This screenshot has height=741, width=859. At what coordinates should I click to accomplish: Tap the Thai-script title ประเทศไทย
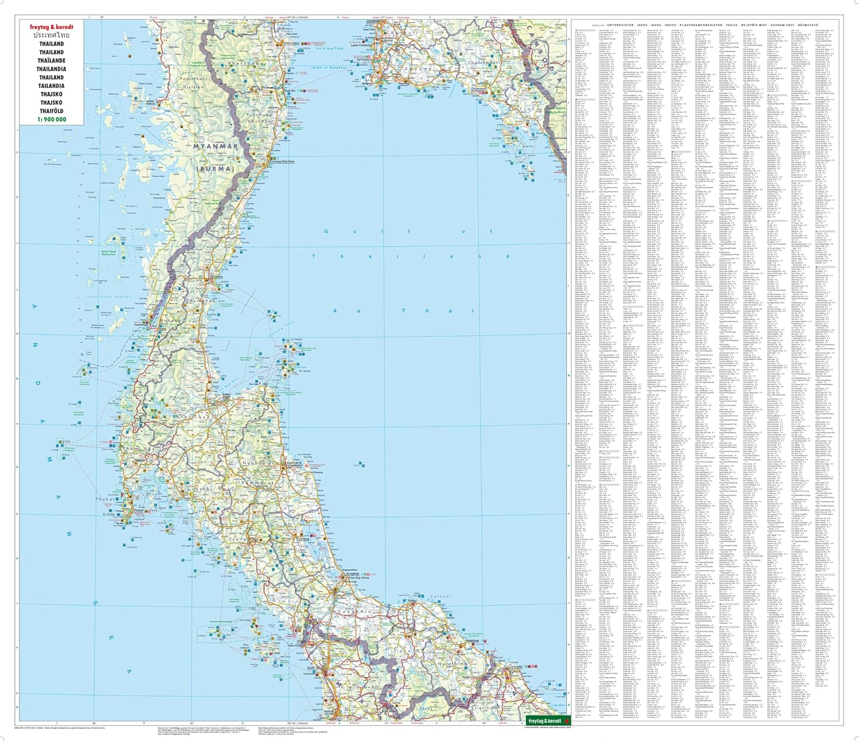point(52,35)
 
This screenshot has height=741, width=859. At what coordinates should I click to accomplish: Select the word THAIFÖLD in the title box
point(52,111)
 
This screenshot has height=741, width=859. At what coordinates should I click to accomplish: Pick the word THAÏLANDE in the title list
point(52,61)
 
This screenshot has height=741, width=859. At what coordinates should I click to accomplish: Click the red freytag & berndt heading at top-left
point(52,27)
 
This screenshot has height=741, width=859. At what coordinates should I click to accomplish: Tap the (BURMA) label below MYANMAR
point(215,169)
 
